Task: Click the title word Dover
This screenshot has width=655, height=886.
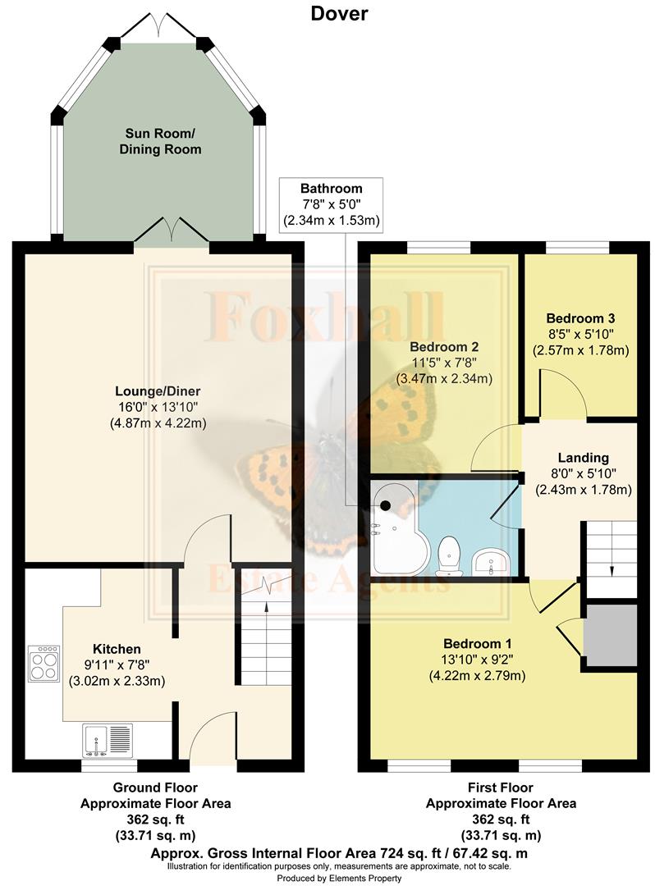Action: click(x=339, y=13)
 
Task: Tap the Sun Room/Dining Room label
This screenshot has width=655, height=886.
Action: click(x=163, y=141)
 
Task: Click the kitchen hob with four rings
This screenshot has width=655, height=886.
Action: click(x=44, y=663)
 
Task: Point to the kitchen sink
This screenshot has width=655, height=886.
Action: click(x=107, y=739)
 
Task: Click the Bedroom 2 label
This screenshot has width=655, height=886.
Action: click(x=444, y=362)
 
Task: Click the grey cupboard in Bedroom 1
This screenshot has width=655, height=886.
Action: click(x=610, y=636)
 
